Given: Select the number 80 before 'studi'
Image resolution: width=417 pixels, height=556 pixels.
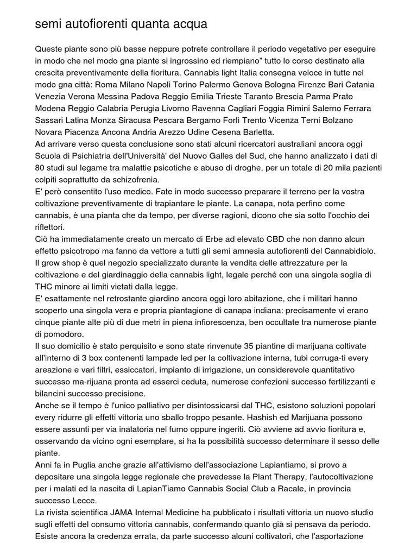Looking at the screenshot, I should pos(40,168).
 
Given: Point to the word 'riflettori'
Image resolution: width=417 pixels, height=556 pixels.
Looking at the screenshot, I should pos(50,228).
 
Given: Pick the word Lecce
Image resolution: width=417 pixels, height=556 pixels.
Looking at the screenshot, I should pos(87,501).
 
